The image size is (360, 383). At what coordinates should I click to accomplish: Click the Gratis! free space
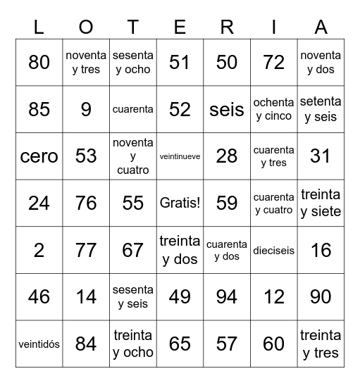click(x=180, y=203)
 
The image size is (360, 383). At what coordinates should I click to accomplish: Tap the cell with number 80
click(x=39, y=63)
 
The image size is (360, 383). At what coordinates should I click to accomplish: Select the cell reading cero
click(x=39, y=156)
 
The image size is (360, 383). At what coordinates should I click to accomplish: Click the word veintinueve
click(x=180, y=156)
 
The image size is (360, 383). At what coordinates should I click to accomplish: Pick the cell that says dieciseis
click(x=273, y=250)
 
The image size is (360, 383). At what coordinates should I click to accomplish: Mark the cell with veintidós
click(x=39, y=344)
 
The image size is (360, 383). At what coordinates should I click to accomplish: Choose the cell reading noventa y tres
click(x=86, y=63)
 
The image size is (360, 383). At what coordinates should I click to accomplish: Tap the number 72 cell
click(x=273, y=63)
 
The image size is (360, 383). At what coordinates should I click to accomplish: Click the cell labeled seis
click(x=227, y=110)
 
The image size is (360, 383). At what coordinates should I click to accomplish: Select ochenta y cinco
click(x=273, y=110)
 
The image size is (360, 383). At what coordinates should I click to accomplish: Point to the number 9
click(x=86, y=110)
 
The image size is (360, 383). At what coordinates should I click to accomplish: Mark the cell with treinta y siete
click(x=321, y=203)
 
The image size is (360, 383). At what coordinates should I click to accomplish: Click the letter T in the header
click(x=133, y=27)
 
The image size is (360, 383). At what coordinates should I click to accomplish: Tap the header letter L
click(x=39, y=27)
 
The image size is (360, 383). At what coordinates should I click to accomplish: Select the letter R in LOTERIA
click(x=227, y=27)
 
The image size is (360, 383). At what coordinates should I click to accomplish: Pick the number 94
click(x=227, y=297)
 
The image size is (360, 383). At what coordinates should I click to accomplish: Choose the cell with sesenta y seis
click(x=133, y=297)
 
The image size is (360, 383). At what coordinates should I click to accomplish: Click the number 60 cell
click(x=273, y=344)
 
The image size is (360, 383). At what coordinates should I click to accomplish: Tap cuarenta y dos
click(x=227, y=250)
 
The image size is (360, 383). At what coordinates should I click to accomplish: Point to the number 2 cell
click(x=39, y=250)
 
